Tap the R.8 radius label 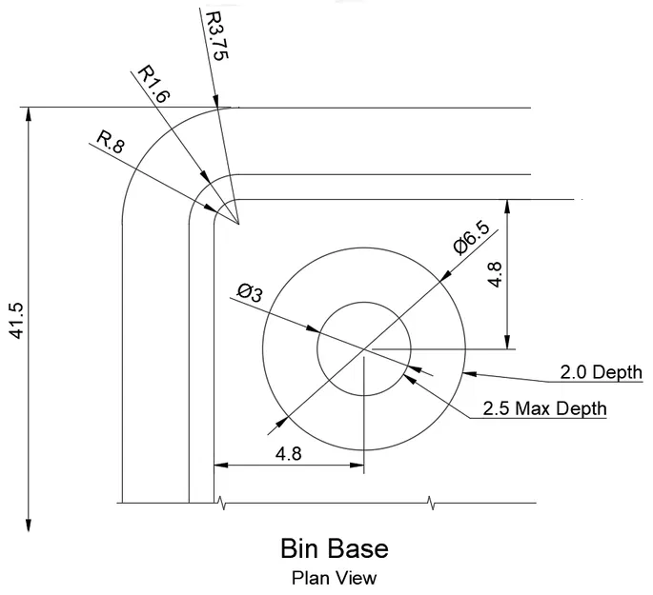coord(111,144)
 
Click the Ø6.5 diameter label coord(473,238)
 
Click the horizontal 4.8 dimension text coord(288,454)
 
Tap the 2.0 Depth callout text coord(600,371)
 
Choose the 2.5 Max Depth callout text coord(544,409)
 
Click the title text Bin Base coord(334,549)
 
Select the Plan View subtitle coord(334,577)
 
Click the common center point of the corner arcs coord(238,225)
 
